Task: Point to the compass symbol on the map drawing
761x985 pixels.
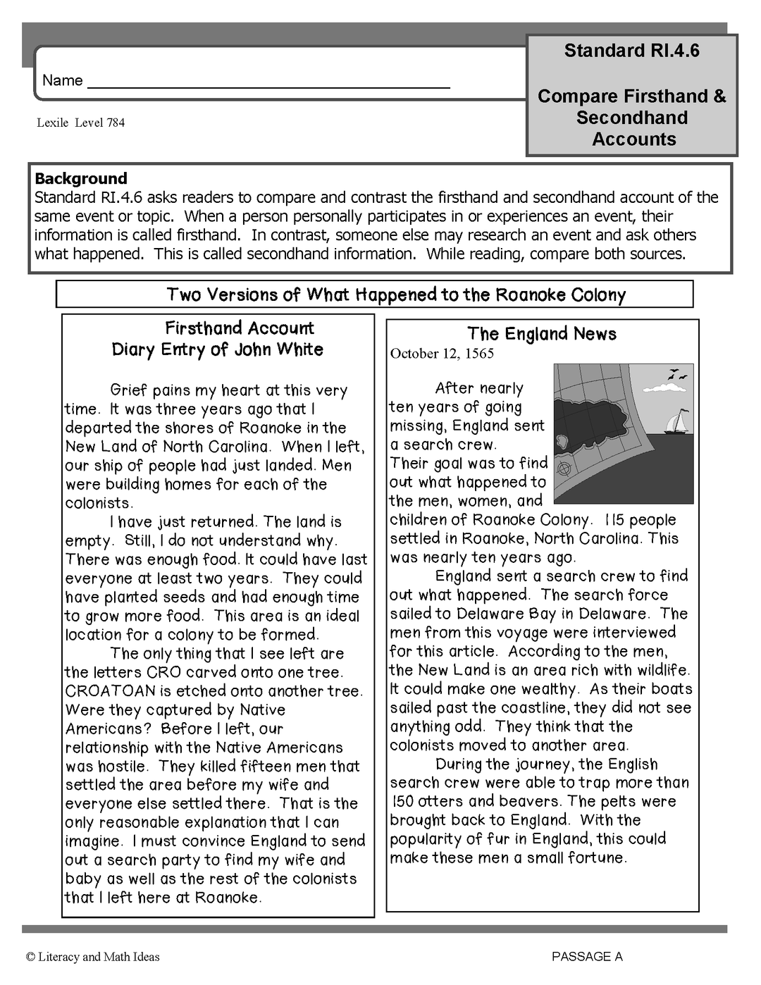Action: tap(564, 468)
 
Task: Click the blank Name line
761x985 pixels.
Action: tap(268, 83)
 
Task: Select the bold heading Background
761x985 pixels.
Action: tap(81, 178)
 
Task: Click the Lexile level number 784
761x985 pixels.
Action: tap(116, 123)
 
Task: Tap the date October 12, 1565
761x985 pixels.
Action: tap(442, 354)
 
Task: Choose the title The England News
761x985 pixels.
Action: tap(542, 334)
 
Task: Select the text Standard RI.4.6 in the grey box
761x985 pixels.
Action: tap(631, 51)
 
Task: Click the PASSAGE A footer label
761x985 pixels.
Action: tap(587, 956)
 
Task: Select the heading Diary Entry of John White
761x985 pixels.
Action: tap(217, 349)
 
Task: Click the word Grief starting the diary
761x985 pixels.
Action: tap(130, 390)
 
